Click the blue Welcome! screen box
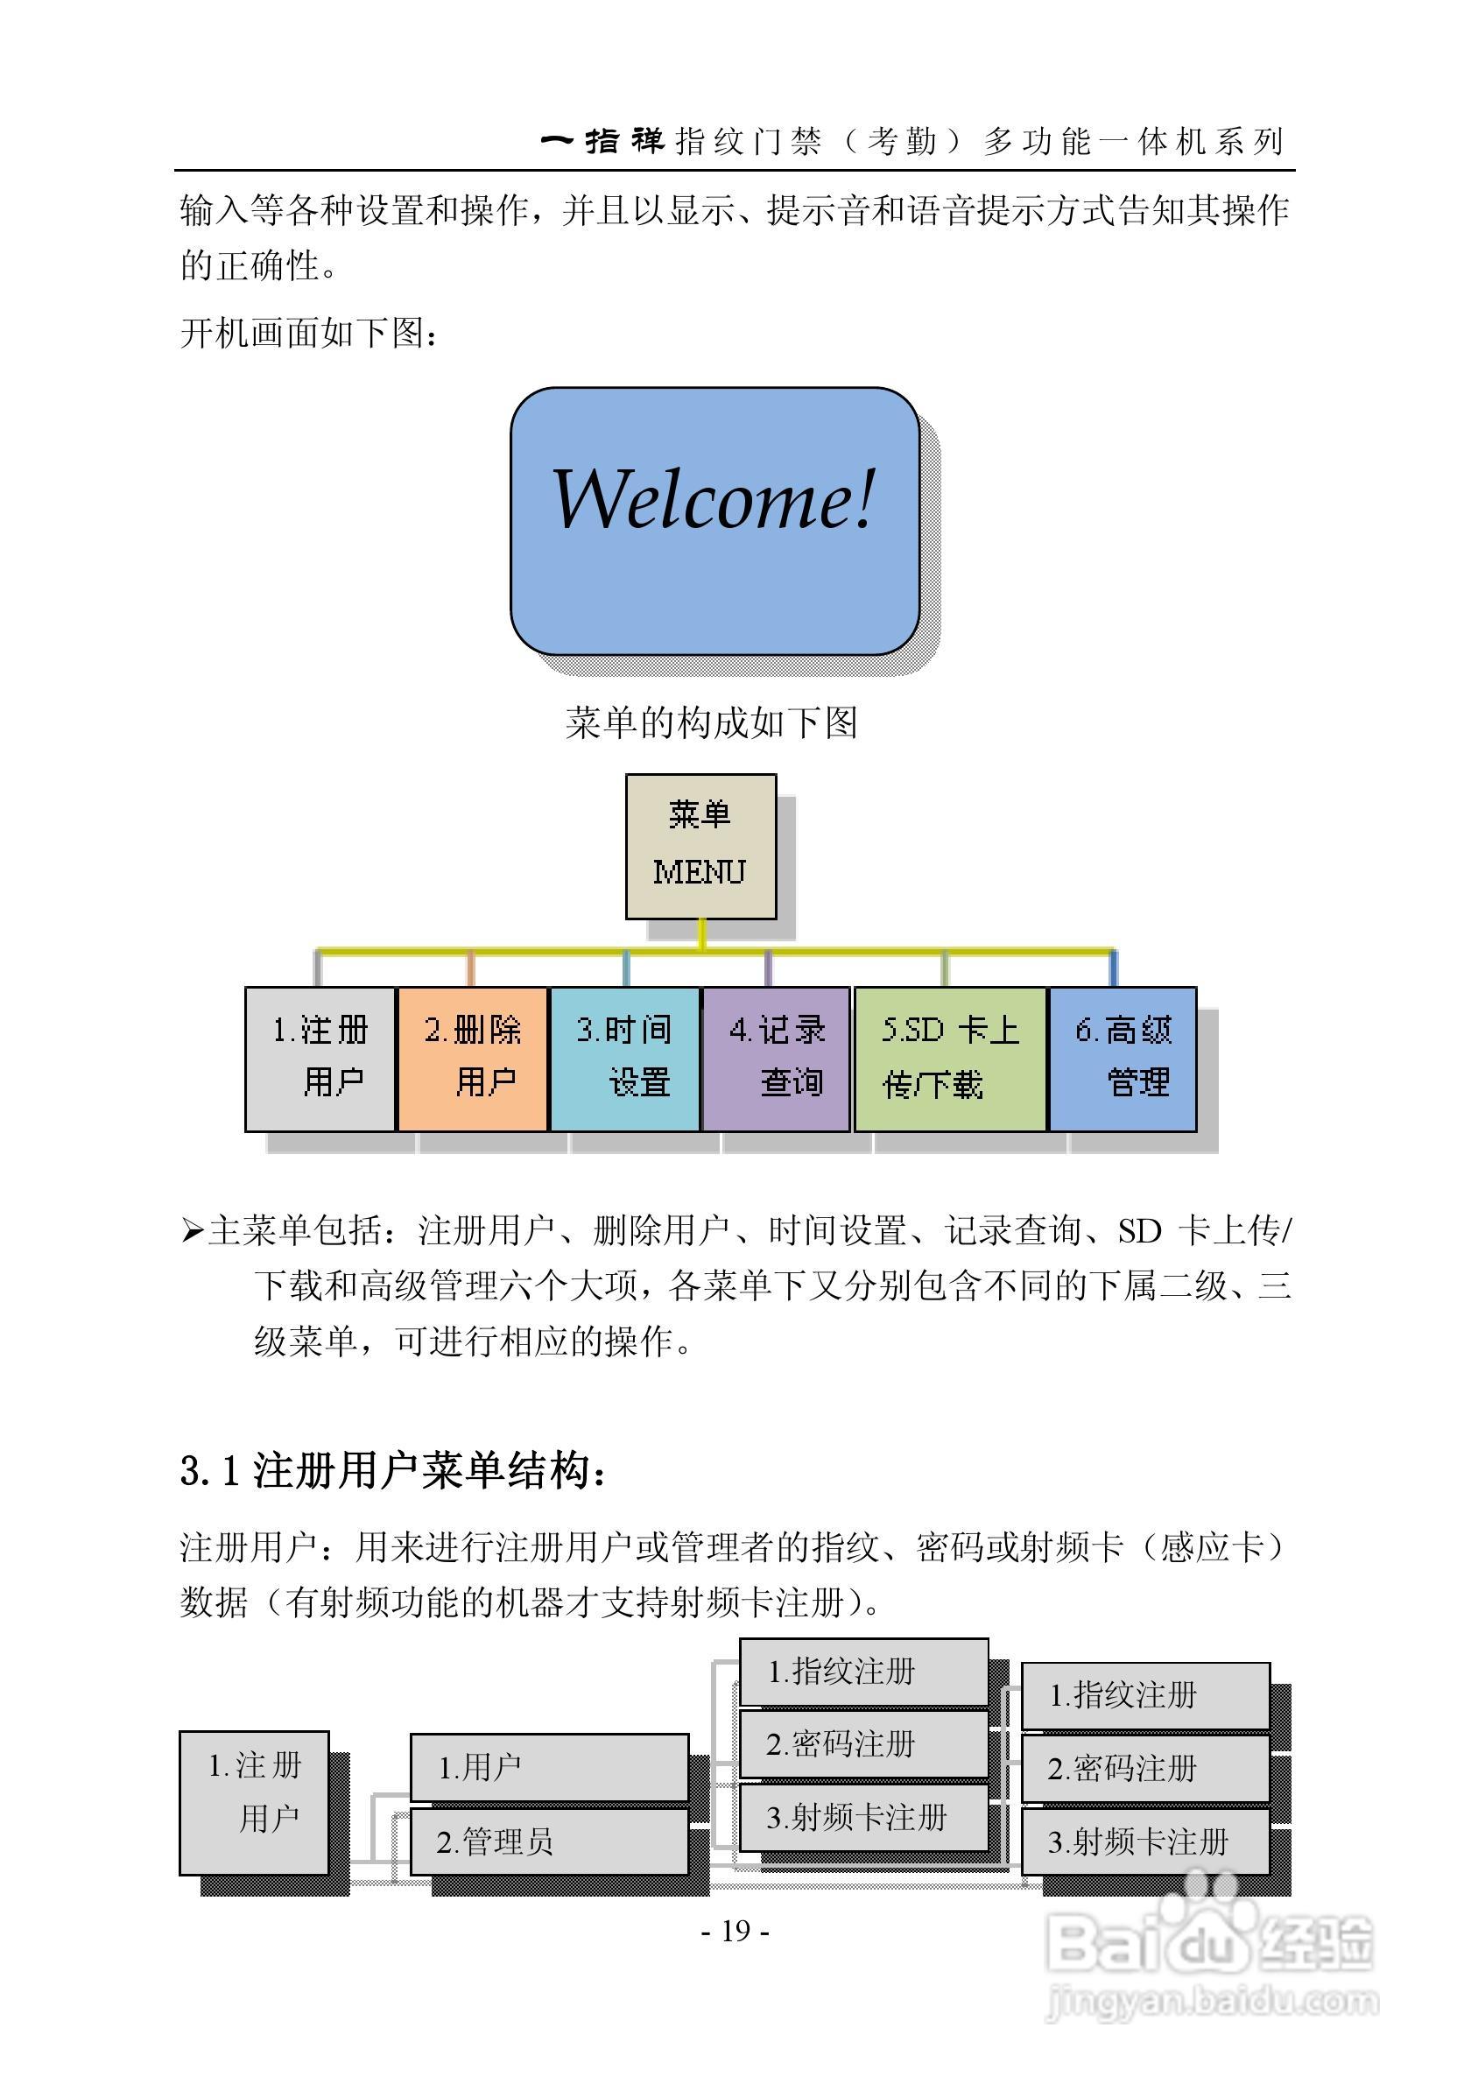coord(714,521)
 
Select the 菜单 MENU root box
coord(700,846)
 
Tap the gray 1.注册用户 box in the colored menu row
coord(320,1059)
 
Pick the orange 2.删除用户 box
coord(472,1059)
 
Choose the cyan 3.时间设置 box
coord(624,1059)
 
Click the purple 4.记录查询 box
coord(776,1059)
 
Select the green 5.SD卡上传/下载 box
coord(950,1059)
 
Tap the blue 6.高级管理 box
coord(1123,1059)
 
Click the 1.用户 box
coord(549,1766)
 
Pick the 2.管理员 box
coord(549,1841)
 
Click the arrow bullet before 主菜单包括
coord(192,1232)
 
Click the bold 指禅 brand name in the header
coord(624,141)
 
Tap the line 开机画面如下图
coord(309,333)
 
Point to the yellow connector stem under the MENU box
coord(702,934)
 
